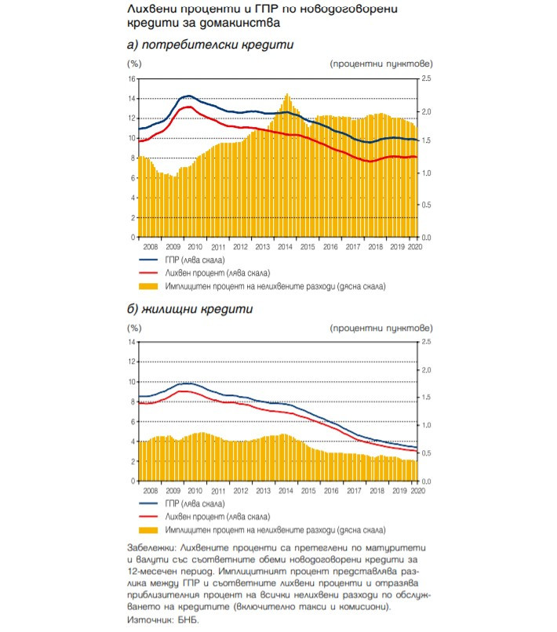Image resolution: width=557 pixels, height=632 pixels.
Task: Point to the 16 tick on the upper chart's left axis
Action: click(x=131, y=79)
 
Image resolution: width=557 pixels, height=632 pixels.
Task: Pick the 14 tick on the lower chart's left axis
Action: click(x=131, y=343)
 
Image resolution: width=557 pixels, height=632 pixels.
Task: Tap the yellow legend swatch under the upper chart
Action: click(x=149, y=286)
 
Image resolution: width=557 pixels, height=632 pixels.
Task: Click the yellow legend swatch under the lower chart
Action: click(x=149, y=530)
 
